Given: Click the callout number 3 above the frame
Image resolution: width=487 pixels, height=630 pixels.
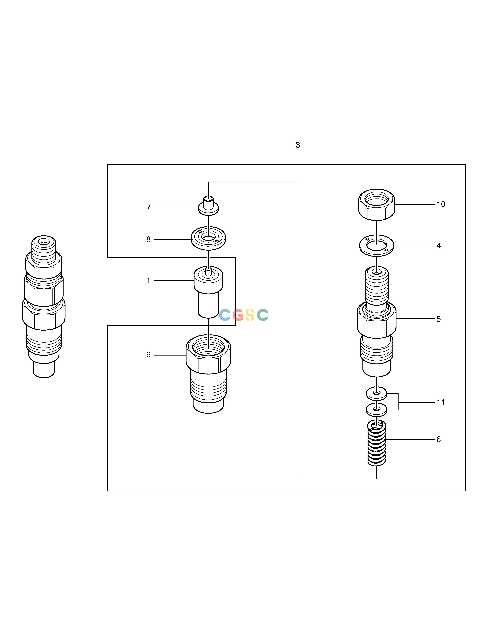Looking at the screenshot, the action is click(x=298, y=145).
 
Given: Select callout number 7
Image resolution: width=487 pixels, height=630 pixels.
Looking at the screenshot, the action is click(x=149, y=207).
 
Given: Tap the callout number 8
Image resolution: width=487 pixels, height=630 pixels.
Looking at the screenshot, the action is click(x=149, y=239).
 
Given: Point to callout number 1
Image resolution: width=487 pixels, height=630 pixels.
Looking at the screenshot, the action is click(x=149, y=281).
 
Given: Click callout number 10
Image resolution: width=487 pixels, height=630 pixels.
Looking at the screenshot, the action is click(x=441, y=204).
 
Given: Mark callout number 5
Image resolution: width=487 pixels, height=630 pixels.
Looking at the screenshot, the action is click(x=439, y=319).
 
